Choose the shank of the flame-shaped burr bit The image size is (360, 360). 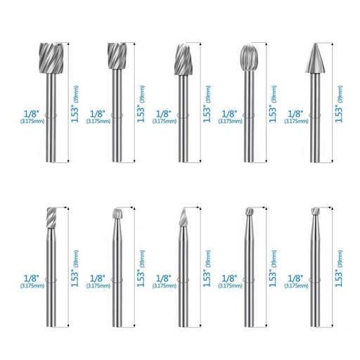pyautogui.click(x=183, y=281)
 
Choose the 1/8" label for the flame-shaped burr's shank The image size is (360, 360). pyautogui.click(x=162, y=277)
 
